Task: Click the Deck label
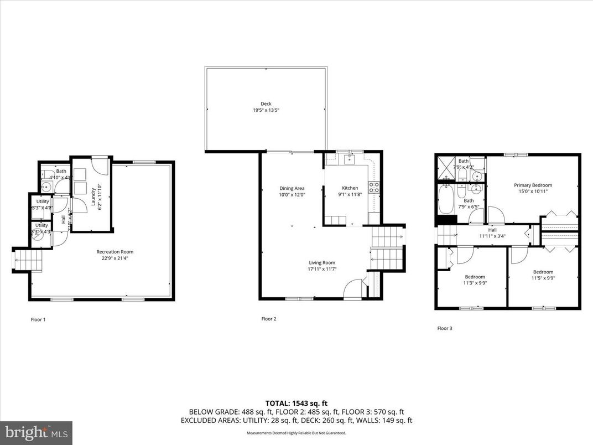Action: point(266,104)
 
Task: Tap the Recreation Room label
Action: point(117,252)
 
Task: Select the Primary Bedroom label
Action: point(533,185)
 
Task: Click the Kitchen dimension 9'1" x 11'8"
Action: point(350,195)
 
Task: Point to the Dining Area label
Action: point(292,188)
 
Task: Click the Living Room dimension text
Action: point(322,269)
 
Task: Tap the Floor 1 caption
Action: point(38,319)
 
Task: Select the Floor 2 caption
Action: point(268,319)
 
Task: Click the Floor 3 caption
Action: point(445,328)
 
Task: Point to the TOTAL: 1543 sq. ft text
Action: point(296,403)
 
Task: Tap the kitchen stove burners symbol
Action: point(374,187)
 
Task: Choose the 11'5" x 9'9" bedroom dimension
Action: point(543,278)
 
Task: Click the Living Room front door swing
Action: point(353,289)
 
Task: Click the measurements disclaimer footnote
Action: point(296,432)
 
